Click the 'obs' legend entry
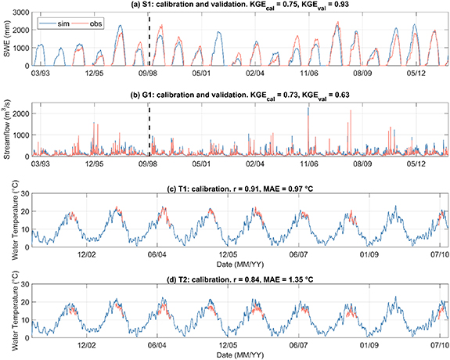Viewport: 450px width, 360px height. [95, 24]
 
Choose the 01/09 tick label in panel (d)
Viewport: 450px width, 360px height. [366, 341]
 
